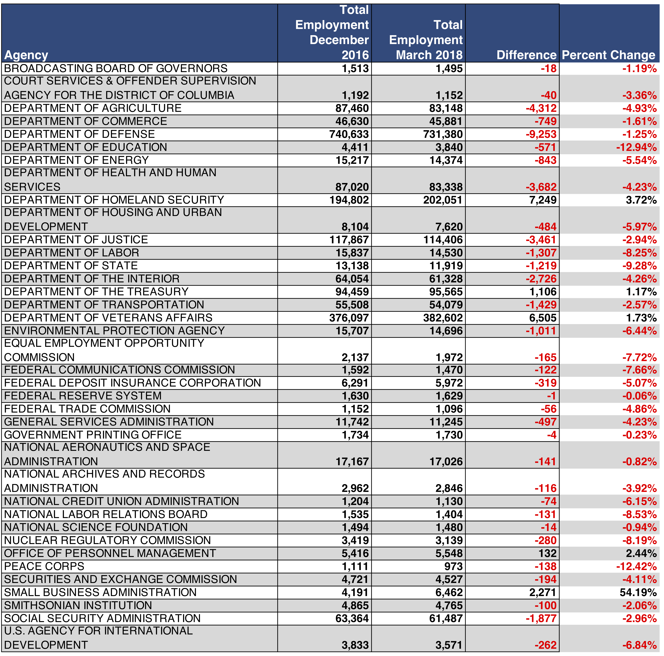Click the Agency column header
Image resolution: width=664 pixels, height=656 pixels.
[x=26, y=55]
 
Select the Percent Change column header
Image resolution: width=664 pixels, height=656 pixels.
[x=608, y=55]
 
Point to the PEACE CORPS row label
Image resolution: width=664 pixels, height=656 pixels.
[x=44, y=566]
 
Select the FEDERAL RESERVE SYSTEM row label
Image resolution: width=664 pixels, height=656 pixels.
[x=82, y=396]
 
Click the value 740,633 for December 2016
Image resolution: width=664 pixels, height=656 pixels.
[x=349, y=134]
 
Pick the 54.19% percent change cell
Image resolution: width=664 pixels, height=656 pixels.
[x=641, y=592]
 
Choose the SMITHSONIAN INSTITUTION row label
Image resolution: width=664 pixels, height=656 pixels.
[x=78, y=605]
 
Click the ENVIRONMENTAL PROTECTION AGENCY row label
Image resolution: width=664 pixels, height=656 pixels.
[x=114, y=331]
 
